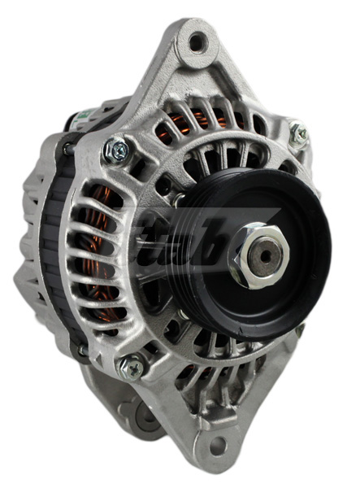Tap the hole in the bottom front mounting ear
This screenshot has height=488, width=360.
point(216,446)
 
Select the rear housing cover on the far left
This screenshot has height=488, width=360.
point(31,244)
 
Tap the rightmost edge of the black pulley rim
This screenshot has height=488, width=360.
point(331,244)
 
